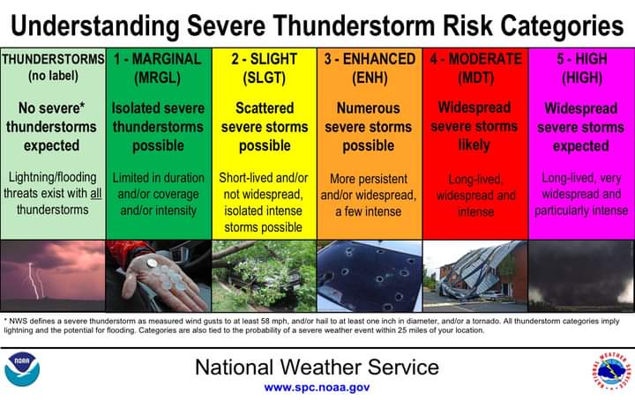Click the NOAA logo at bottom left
pos(22,369)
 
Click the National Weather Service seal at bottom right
pos(610,368)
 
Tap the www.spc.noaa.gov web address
pos(317,387)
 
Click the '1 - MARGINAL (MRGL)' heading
pos(158,68)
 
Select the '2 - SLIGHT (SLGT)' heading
pos(265,68)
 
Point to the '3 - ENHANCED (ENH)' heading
pos(369,68)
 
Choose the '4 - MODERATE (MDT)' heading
pos(475,68)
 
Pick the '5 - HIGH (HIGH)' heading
pos(580,68)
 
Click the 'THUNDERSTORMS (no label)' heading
pos(53,68)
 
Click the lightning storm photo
pos(53,276)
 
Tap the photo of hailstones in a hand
pos(158,276)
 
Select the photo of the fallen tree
pos(265,276)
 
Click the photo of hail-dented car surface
pos(369,276)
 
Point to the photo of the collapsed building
pos(475,276)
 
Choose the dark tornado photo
pos(580,276)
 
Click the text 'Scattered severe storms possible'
pos(265,127)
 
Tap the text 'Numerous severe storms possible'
pos(369,127)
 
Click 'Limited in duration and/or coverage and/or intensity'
pos(158,194)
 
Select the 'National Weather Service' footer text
pos(317,366)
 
